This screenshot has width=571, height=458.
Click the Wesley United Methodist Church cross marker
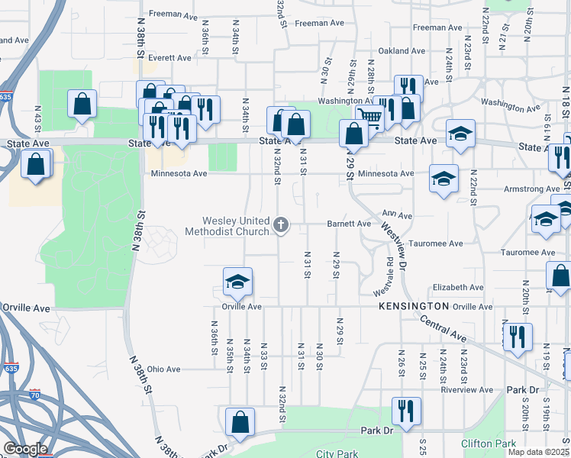(281, 224)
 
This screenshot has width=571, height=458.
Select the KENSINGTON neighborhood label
(413, 305)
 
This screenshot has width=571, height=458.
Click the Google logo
(25, 449)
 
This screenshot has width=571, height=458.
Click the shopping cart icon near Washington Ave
(369, 116)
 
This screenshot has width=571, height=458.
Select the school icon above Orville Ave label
(237, 282)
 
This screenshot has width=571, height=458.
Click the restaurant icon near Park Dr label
(405, 411)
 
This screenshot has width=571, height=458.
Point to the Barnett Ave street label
(349, 224)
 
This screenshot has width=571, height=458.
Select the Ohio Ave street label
(164, 369)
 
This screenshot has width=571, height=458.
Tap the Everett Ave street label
(170, 57)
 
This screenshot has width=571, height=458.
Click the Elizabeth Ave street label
(458, 288)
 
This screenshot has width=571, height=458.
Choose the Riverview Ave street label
(462, 389)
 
